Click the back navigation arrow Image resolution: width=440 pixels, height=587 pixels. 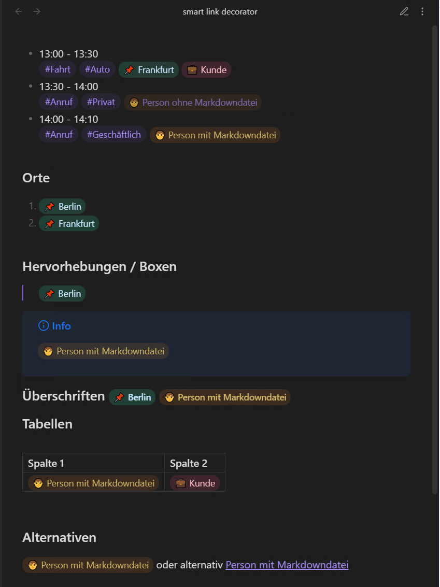pyautogui.click(x=19, y=11)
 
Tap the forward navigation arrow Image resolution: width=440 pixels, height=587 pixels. pyautogui.click(x=37, y=11)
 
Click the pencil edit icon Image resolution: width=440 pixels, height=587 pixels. pyautogui.click(x=404, y=11)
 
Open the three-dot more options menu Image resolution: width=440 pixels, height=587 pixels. pyautogui.click(x=422, y=11)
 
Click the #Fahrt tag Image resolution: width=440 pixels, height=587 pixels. pyautogui.click(x=58, y=69)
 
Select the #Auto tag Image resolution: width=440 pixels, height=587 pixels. pyautogui.click(x=97, y=69)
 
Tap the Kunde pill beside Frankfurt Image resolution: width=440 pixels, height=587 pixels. pyautogui.click(x=206, y=70)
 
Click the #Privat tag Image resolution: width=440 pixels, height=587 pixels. pyautogui.click(x=101, y=102)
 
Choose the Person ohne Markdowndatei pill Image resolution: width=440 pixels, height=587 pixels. pyautogui.click(x=193, y=103)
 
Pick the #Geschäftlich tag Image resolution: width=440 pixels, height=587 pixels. pyautogui.click(x=113, y=135)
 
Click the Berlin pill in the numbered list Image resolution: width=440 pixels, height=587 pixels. pyautogui.click(x=62, y=207)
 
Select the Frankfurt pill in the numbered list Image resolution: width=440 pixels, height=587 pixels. pyautogui.click(x=69, y=224)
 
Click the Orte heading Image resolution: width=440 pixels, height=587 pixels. pyautogui.click(x=36, y=178)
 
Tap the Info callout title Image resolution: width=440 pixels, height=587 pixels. pyautogui.click(x=61, y=326)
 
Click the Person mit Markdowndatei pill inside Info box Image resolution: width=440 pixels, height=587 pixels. pyautogui.click(x=103, y=351)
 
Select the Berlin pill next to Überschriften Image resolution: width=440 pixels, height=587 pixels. pyautogui.click(x=132, y=397)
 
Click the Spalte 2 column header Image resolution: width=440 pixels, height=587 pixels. pyautogui.click(x=189, y=463)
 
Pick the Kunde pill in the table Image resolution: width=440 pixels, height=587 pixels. pyautogui.click(x=195, y=483)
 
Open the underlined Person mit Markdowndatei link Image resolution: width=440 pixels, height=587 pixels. pyautogui.click(x=287, y=565)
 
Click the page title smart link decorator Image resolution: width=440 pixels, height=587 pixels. pyautogui.click(x=220, y=11)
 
